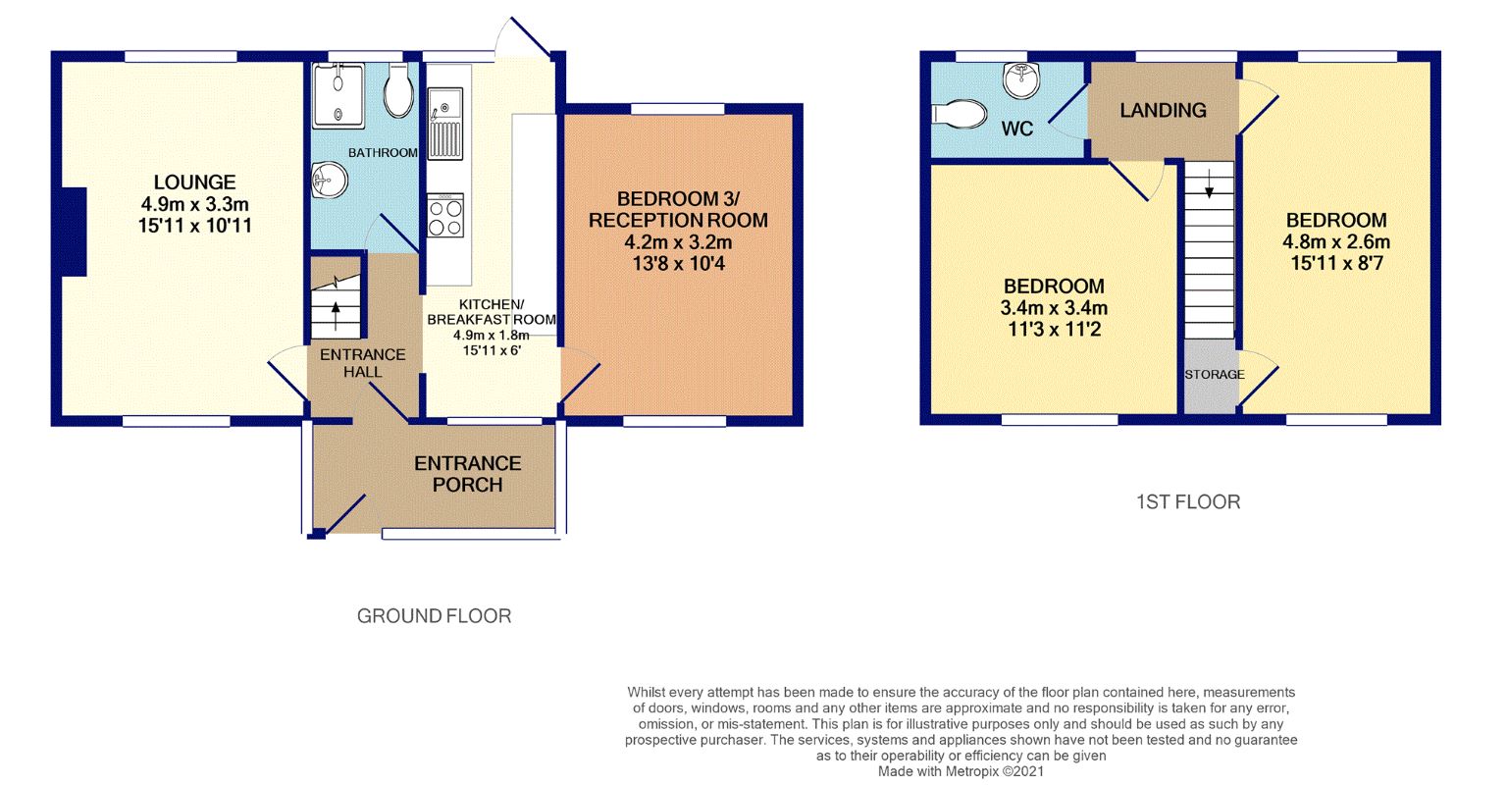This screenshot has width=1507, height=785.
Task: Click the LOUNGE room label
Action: click(x=194, y=183)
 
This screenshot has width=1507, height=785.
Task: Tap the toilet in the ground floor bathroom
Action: click(x=398, y=91)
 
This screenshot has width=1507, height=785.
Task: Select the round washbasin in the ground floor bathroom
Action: click(x=329, y=181)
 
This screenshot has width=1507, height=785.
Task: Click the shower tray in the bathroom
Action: click(x=338, y=95)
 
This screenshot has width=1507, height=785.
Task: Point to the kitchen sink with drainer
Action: click(x=444, y=123)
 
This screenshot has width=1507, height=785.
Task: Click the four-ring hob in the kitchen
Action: click(x=445, y=215)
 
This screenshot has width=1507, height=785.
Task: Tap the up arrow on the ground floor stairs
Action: click(x=335, y=315)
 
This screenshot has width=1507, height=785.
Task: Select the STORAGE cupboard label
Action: click(x=1215, y=375)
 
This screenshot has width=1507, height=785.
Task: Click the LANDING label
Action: click(x=1163, y=110)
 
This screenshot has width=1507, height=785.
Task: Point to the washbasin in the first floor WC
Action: click(x=1021, y=80)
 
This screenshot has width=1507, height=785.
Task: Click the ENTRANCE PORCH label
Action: click(x=468, y=474)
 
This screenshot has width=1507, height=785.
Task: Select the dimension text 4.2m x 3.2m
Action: click(x=678, y=242)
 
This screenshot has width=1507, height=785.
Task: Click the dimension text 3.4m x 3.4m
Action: click(x=1054, y=308)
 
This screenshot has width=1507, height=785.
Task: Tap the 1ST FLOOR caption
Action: click(x=1188, y=501)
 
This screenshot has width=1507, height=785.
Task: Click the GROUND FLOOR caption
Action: click(x=434, y=616)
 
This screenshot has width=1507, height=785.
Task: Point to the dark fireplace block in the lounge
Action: click(x=74, y=232)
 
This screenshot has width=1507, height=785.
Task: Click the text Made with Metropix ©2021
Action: click(x=961, y=771)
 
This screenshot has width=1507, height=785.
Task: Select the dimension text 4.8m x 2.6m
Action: click(x=1336, y=241)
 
